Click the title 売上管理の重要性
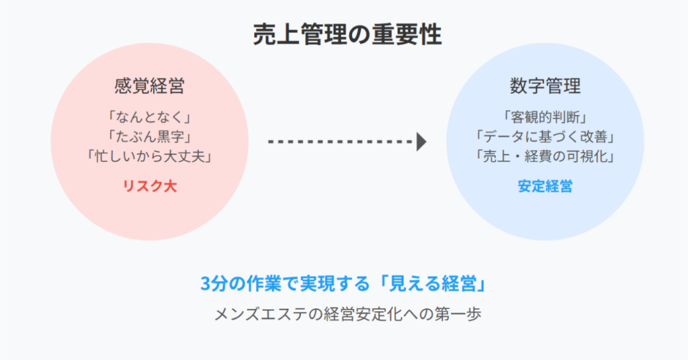click(347, 35)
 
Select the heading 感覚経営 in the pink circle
click(150, 86)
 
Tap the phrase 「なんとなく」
click(150, 117)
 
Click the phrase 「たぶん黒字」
click(150, 137)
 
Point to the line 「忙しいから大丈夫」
click(150, 156)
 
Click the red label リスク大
click(150, 186)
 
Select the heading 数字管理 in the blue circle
click(545, 86)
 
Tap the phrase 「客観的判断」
click(545, 117)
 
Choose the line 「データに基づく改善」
click(545, 137)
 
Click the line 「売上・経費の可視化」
click(545, 156)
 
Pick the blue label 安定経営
click(545, 186)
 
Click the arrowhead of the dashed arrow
click(422, 142)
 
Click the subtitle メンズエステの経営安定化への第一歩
click(347, 314)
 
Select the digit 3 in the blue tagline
click(206, 284)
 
